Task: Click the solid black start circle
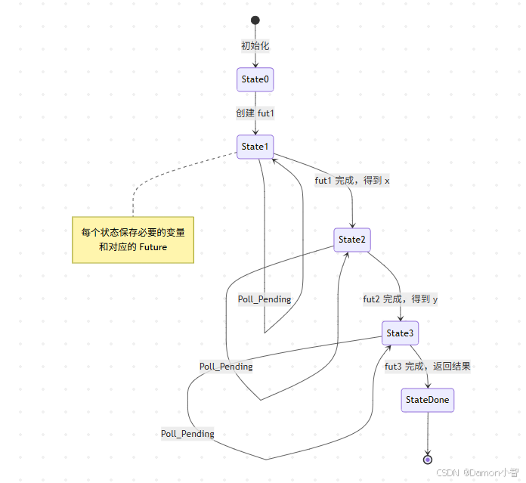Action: (255, 20)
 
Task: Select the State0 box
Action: (255, 79)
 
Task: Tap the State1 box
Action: (255, 147)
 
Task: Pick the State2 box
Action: (351, 240)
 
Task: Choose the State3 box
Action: (400, 333)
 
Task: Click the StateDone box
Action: (428, 400)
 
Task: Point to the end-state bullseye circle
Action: (428, 459)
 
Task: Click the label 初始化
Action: (255, 46)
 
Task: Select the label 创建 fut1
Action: (255, 113)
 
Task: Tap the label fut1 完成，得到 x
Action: (351, 181)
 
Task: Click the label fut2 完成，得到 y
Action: (400, 299)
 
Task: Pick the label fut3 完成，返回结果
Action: (428, 367)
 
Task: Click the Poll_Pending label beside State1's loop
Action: (265, 299)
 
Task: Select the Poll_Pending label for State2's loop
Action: (226, 367)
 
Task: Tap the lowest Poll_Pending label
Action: (187, 434)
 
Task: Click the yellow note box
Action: (133, 239)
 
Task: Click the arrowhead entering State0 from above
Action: (255, 66)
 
